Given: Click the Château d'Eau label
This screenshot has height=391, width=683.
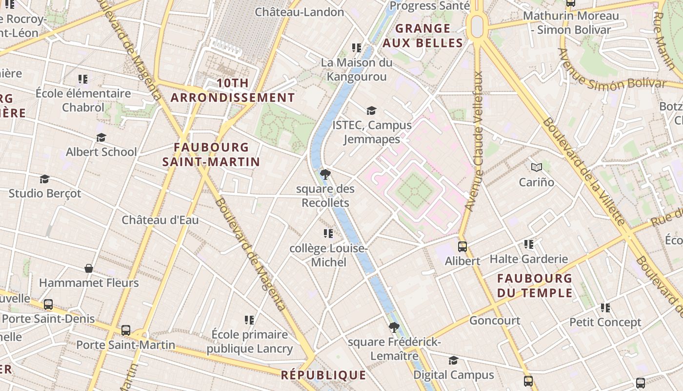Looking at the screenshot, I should (160, 220).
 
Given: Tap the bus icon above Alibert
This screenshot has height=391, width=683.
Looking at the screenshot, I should (462, 247).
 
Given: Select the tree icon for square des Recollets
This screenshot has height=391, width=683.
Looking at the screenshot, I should (325, 174).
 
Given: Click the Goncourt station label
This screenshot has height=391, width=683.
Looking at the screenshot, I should (495, 321).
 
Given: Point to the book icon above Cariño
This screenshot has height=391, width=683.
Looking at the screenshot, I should (537, 168).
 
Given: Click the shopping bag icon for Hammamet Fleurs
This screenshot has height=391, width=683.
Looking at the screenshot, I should (89, 268).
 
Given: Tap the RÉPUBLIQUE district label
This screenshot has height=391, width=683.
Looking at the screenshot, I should (323, 375).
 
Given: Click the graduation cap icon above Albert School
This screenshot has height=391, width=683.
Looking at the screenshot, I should (101, 138).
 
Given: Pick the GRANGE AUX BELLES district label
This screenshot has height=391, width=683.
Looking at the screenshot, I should (422, 36).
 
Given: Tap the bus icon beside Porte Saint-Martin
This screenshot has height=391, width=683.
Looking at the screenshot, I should (126, 330).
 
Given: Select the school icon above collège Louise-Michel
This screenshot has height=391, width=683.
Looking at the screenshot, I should (328, 234).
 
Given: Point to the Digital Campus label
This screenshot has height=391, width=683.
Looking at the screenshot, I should (454, 375).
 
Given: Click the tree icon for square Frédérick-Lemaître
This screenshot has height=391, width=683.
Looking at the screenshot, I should (394, 327).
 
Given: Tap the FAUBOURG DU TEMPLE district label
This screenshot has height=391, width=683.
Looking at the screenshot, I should (534, 286).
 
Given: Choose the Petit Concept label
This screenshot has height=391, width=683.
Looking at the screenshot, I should (605, 323).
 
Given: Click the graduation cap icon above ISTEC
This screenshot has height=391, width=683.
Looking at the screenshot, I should (372, 111).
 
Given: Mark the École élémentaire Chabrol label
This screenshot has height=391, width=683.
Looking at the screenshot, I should (83, 100).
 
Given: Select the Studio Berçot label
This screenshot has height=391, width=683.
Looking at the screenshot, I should (45, 194).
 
